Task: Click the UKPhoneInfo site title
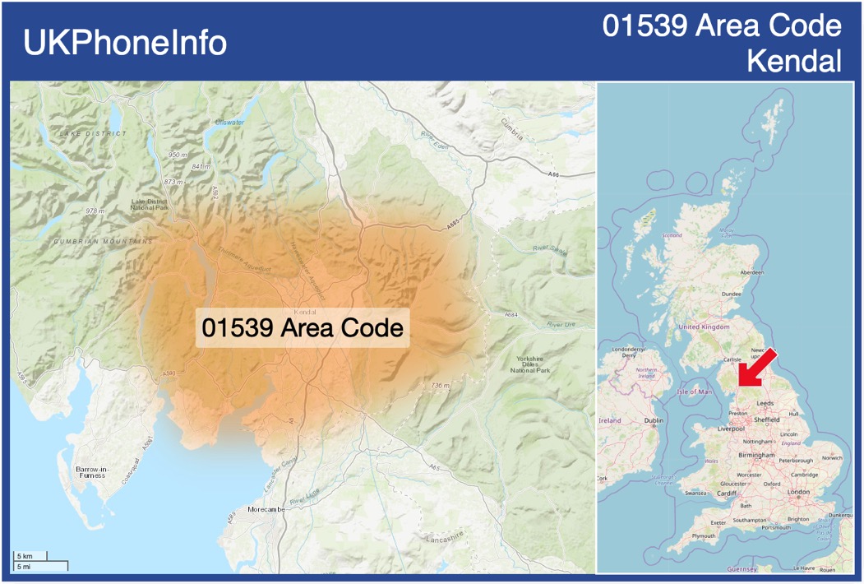pyautogui.click(x=125, y=43)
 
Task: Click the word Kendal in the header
pyautogui.click(x=794, y=60)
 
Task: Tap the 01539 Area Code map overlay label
pyautogui.click(x=303, y=327)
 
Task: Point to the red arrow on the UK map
pyautogui.click(x=756, y=366)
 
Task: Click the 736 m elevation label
pyautogui.click(x=440, y=385)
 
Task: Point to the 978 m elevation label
pyautogui.click(x=96, y=211)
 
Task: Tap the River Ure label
pyautogui.click(x=562, y=325)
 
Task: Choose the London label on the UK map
pyautogui.click(x=798, y=492)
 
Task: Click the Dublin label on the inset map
pyautogui.click(x=654, y=420)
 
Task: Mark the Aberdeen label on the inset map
pyautogui.click(x=751, y=272)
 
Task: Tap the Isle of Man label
pyautogui.click(x=695, y=392)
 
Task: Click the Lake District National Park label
pyautogui.click(x=149, y=204)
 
